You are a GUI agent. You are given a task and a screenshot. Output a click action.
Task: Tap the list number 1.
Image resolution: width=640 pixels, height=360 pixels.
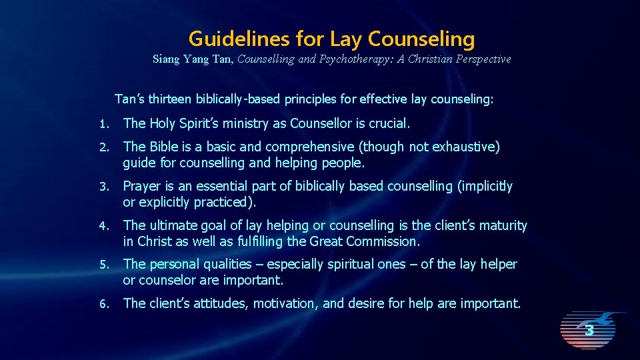pos(103,123)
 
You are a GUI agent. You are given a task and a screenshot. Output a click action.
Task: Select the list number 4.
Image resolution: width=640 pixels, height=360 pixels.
pos(103,226)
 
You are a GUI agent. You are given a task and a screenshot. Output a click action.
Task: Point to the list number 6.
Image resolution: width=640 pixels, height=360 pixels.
pos(103,304)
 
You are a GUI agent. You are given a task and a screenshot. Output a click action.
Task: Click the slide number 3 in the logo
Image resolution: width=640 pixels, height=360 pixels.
pos(589,330)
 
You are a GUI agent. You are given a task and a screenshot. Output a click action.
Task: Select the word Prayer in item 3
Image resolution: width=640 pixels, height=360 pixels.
pos(143,186)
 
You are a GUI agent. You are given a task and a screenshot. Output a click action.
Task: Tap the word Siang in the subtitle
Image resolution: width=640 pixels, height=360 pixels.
pos(166,59)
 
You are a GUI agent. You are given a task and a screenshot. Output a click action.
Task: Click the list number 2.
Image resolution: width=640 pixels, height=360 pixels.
pos(103,147)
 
